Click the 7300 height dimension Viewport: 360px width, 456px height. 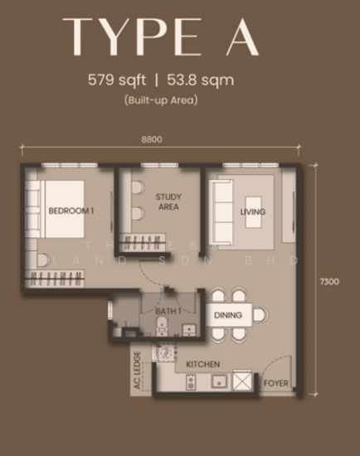click(x=329, y=282)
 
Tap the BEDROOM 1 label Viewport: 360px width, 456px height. click(x=71, y=211)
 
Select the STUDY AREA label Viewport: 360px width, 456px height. click(x=168, y=201)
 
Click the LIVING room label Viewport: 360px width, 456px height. click(x=253, y=212)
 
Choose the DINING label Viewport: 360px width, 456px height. click(x=228, y=316)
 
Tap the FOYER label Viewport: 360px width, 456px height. click(x=275, y=384)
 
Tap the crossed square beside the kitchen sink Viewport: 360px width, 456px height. click(x=244, y=381)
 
